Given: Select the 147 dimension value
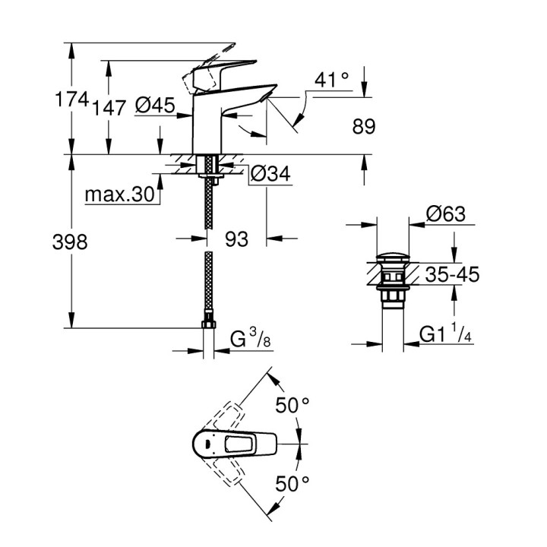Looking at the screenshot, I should coord(109,107).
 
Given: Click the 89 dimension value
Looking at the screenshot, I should coord(362,126).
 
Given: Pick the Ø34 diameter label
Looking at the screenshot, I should coord(270,174).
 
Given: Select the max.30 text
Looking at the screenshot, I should coord(119,195).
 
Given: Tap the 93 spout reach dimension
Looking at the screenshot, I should coord(237,239).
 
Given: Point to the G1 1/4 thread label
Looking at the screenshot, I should coord(448,334).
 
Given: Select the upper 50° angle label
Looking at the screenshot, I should coord(292,406).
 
